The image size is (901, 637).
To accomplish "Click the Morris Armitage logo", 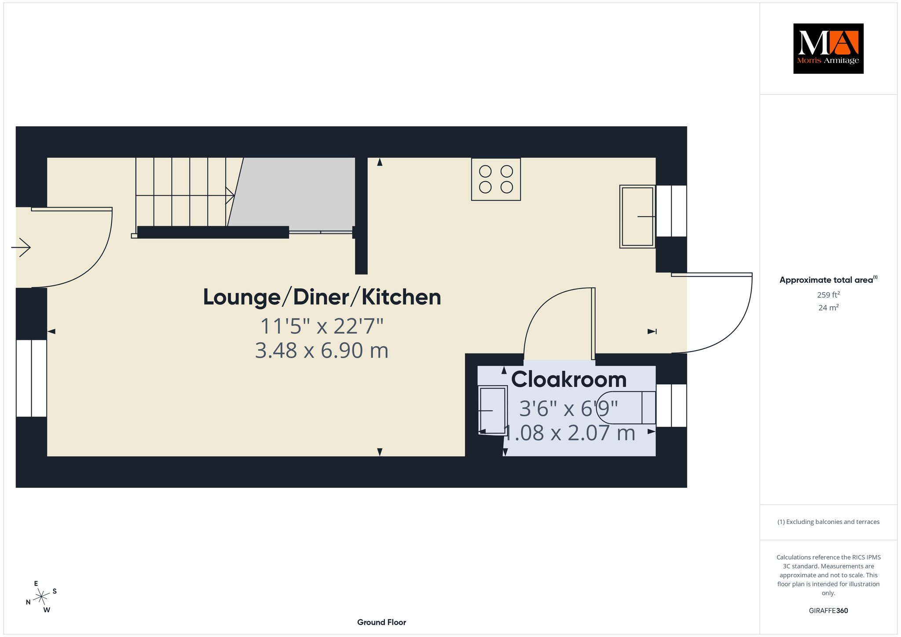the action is click(x=828, y=48).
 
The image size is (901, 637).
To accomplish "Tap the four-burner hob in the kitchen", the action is click(x=496, y=179).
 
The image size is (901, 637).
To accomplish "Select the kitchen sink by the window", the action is click(x=637, y=216).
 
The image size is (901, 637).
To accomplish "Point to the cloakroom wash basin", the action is click(x=493, y=410).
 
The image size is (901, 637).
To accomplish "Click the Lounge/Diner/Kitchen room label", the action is click(x=322, y=297).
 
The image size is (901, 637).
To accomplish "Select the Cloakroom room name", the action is click(x=569, y=379).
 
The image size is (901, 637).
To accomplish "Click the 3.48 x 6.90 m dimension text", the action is click(x=322, y=351).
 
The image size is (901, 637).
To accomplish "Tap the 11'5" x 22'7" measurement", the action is click(x=322, y=326).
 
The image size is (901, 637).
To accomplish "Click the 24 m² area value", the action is click(x=828, y=308).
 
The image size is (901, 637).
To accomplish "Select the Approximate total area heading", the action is click(x=828, y=280).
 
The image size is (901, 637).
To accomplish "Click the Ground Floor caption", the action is click(x=381, y=622).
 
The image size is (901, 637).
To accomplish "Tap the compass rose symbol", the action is click(x=41, y=597).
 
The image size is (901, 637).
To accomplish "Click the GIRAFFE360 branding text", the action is click(x=828, y=611).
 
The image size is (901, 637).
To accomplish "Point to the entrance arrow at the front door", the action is click(x=21, y=247).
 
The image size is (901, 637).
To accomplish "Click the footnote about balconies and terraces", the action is click(x=828, y=522).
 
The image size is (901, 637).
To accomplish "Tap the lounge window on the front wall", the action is click(x=31, y=378).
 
